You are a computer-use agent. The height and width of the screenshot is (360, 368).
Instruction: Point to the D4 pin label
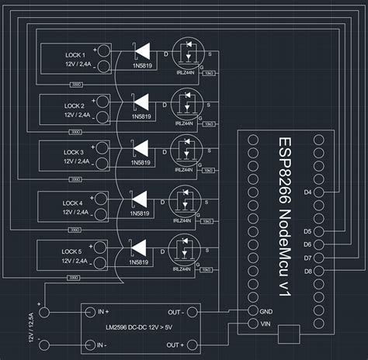pos(308,191)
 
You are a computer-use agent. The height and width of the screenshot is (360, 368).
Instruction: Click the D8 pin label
pos(308,271)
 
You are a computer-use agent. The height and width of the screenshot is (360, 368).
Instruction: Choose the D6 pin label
pos(308,244)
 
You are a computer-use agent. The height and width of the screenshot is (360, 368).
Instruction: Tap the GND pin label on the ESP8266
pos(266,310)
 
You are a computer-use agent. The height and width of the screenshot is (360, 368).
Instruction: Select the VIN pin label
pos(266,324)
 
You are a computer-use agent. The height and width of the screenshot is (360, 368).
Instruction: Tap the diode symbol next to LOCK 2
pos(141,100)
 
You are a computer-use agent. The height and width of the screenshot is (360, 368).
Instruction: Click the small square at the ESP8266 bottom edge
pos(287,334)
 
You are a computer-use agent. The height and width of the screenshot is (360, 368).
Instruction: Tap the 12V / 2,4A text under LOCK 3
pos(78,163)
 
